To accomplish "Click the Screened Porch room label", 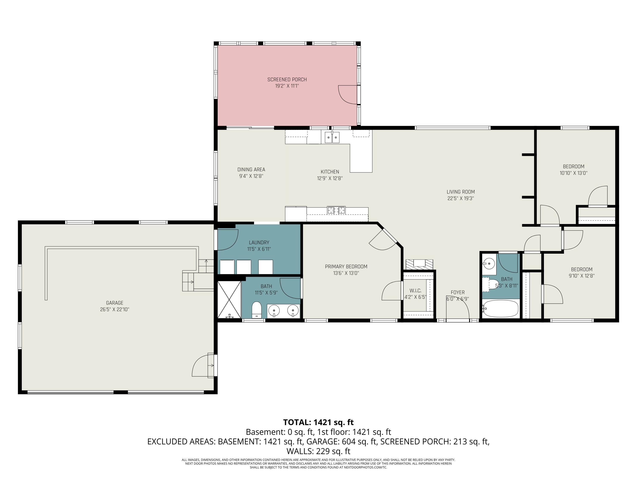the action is pyautogui.click(x=287, y=79).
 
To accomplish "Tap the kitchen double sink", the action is pyautogui.click(x=332, y=137).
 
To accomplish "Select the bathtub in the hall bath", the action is pyautogui.click(x=500, y=309).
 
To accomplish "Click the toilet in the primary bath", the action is pyautogui.click(x=256, y=310).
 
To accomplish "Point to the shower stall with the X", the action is pyautogui.click(x=229, y=300).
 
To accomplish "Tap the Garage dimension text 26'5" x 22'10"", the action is pyautogui.click(x=115, y=310).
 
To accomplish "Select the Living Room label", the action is pyautogui.click(x=461, y=192).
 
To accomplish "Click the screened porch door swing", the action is pyautogui.click(x=348, y=95).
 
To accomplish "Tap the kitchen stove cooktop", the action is pyautogui.click(x=336, y=210).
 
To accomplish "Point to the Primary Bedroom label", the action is pyautogui.click(x=346, y=267).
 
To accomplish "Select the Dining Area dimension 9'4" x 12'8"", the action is pyautogui.click(x=251, y=176).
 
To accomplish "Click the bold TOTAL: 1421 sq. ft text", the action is pyautogui.click(x=318, y=422).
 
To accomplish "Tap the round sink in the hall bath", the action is pyautogui.click(x=489, y=263).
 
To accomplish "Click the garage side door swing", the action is pyautogui.click(x=202, y=365).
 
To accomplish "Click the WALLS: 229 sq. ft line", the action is pyautogui.click(x=318, y=451).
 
